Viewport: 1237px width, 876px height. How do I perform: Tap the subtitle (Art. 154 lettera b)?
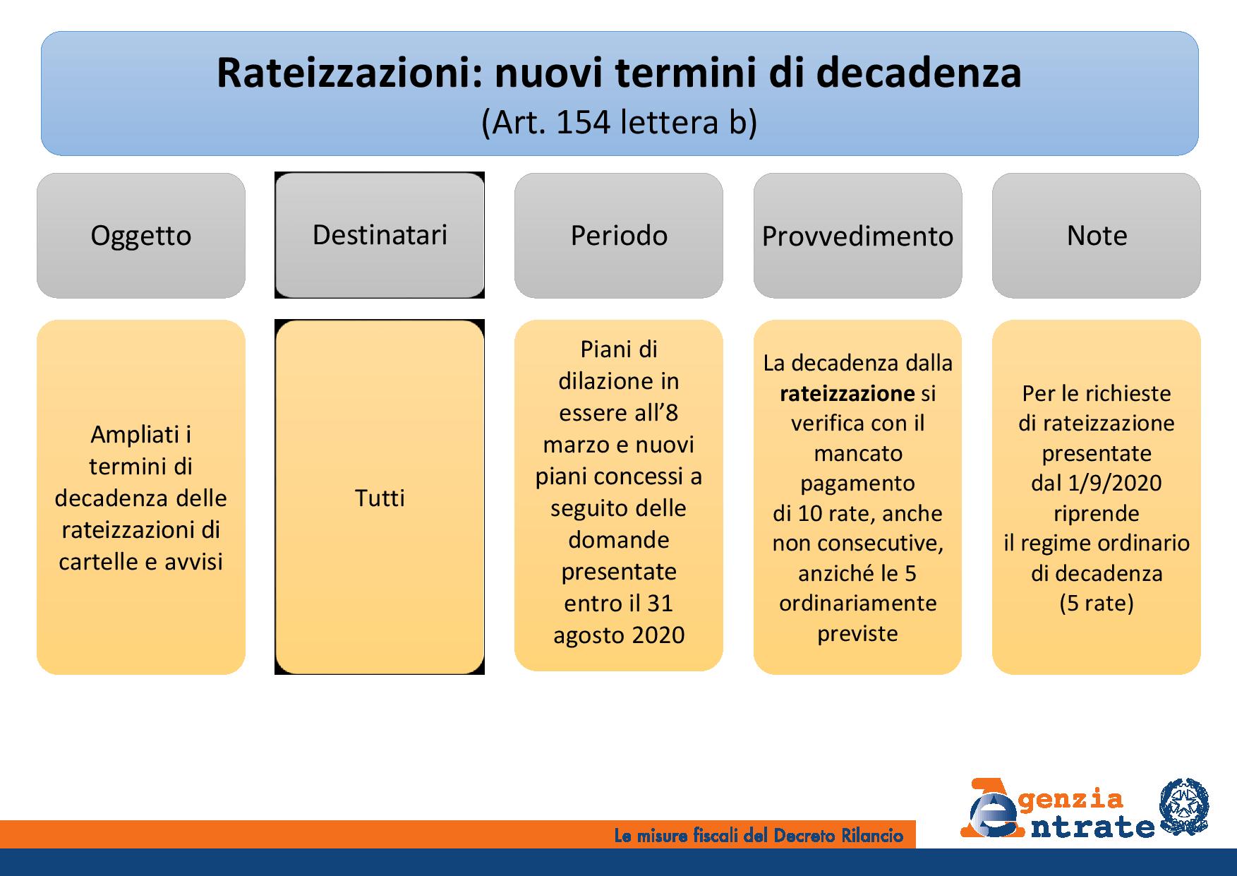[619, 122]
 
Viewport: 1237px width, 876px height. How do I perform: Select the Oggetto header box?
[141, 236]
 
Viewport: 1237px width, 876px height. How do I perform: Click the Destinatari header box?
[380, 235]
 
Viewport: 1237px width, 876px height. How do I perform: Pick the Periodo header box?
[619, 236]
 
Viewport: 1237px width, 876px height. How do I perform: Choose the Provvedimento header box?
[857, 236]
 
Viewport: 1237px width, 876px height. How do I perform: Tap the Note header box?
[1097, 236]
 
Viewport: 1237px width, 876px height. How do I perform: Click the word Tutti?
[380, 498]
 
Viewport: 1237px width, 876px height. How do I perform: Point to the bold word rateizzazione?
[847, 393]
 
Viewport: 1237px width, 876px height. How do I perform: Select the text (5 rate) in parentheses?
[1097, 604]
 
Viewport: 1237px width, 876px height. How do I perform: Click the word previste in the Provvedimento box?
[857, 634]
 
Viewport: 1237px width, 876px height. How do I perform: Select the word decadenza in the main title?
[917, 73]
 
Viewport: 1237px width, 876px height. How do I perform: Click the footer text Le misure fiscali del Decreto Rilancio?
[759, 836]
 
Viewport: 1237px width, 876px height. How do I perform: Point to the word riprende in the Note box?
[1097, 513]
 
